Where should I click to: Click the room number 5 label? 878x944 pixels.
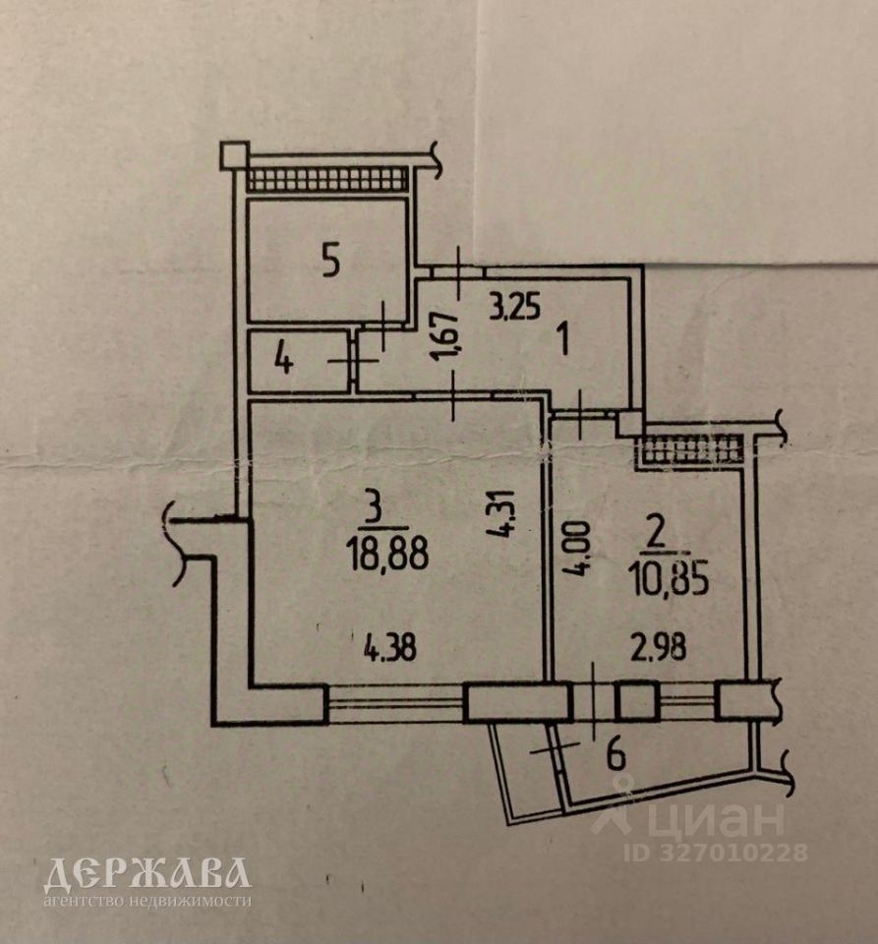[330, 262]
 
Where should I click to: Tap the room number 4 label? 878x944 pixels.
[283, 361]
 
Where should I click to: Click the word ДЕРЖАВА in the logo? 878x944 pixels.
[147, 873]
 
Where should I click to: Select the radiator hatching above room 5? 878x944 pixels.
[326, 179]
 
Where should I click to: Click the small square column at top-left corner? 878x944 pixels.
[233, 154]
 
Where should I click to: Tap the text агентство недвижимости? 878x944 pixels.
[147, 899]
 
